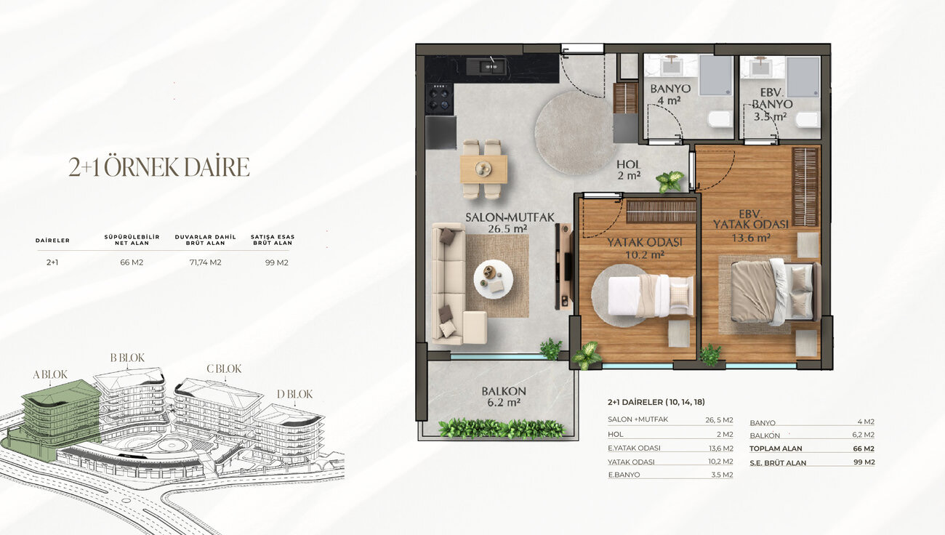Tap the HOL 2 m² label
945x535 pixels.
[629, 169]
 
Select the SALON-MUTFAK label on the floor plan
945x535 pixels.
[510, 217]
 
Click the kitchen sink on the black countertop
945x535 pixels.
[486, 67]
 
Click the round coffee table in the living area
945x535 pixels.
[493, 279]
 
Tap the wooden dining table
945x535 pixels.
[483, 169]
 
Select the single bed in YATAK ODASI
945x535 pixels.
[651, 295]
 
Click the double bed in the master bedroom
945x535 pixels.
[775, 291]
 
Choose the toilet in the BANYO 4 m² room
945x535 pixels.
[720, 119]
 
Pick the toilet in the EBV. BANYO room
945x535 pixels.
[808, 119]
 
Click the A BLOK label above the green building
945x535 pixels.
[50, 374]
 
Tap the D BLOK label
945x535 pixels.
[294, 394]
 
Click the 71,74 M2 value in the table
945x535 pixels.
[206, 262]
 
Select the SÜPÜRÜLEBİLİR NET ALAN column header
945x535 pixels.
[132, 240]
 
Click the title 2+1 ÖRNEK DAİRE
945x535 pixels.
[159, 167]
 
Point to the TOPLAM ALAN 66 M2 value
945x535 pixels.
[865, 448]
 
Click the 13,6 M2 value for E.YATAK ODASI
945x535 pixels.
[721, 448]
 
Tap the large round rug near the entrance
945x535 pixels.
[574, 132]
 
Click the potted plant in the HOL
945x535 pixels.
[669, 180]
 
